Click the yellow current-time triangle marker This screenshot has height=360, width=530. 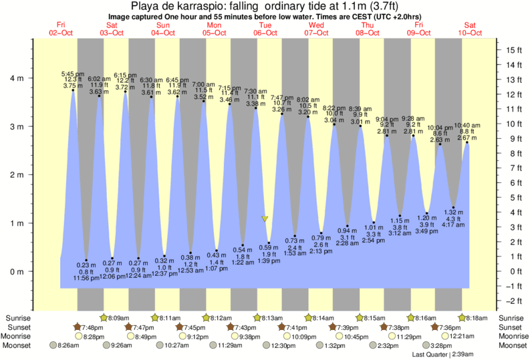pyautogui.click(x=265, y=218)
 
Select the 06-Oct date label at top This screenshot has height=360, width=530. pyautogui.click(x=265, y=33)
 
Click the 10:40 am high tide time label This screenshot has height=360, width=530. pyautogui.click(x=467, y=125)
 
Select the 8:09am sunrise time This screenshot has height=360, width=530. pyautogui.click(x=119, y=318)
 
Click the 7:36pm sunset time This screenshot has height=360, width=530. pyautogui.click(x=452, y=327)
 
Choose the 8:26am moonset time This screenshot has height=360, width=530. pyautogui.click(x=69, y=345)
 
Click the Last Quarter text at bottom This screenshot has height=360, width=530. pyautogui.click(x=441, y=354)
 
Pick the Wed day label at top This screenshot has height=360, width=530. pyautogui.click(x=316, y=25)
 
